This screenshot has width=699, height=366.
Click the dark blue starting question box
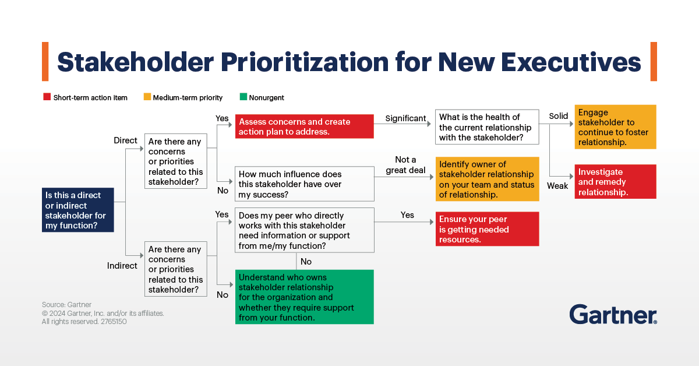point(77,210)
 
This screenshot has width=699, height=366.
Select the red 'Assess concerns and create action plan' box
point(304,126)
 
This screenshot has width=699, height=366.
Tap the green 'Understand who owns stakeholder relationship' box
point(304,297)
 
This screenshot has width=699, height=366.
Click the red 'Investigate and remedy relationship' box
point(616,182)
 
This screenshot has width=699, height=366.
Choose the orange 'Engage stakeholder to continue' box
point(616,127)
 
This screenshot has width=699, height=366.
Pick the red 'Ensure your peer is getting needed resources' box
point(487,229)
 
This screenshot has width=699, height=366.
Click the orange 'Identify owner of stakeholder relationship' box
point(487,179)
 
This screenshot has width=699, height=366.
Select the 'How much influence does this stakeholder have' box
point(304,184)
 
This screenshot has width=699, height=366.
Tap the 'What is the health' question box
point(487,127)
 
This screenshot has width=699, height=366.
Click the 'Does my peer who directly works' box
point(304,230)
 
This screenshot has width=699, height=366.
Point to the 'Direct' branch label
point(125,140)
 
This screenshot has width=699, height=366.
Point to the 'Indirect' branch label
point(122,266)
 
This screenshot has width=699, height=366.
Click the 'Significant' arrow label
point(406,118)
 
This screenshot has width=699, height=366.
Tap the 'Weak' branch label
point(557,186)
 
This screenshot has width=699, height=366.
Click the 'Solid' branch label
point(558,116)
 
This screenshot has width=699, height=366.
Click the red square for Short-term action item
point(47,97)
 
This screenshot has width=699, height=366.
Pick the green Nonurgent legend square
point(243,97)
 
